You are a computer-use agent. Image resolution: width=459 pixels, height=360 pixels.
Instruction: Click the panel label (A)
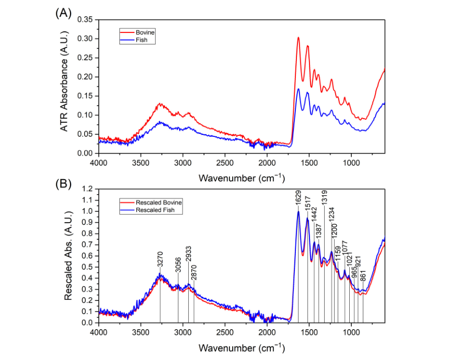[63, 13]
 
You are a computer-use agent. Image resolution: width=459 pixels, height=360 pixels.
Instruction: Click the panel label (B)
[63, 184]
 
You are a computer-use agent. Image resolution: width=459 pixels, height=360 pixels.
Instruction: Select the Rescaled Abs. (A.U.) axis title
[68, 256]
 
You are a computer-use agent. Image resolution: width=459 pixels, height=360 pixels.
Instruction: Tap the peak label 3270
[160, 261]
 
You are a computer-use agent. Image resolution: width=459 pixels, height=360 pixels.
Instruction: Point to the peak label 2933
[188, 252]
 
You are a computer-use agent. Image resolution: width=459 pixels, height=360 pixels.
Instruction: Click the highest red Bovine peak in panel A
[298, 38]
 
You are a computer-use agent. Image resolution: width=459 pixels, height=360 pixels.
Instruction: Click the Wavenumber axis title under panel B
[242, 347]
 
